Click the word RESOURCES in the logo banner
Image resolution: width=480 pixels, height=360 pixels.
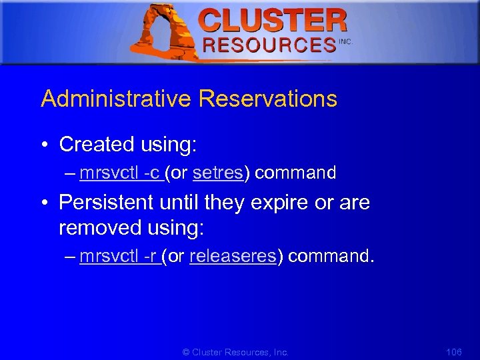click(x=269, y=45)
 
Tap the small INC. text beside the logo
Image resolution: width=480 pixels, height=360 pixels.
click(x=345, y=41)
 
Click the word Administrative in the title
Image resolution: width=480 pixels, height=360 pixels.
click(x=116, y=99)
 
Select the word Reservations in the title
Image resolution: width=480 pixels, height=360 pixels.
click(x=267, y=99)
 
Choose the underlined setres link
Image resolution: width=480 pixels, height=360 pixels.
click(x=218, y=173)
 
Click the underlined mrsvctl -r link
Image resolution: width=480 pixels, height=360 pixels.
click(x=118, y=257)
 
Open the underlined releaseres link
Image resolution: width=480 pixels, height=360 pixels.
click(x=233, y=257)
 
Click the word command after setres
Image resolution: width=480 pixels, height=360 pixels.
click(x=295, y=173)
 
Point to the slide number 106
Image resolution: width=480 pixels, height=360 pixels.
click(x=453, y=351)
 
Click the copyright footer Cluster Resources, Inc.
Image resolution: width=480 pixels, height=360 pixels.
click(x=236, y=351)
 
